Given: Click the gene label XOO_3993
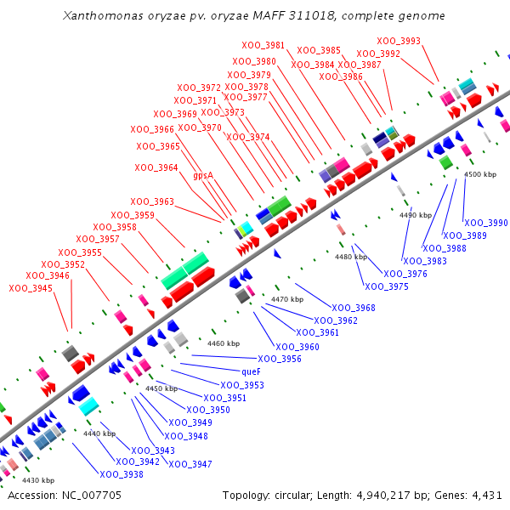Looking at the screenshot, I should click(x=399, y=41).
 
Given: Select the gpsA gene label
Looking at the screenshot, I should click(x=202, y=175).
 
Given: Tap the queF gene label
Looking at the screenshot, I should click(x=252, y=371).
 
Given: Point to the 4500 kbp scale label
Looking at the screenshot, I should click(x=480, y=174).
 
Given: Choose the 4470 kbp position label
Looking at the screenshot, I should click(x=287, y=299).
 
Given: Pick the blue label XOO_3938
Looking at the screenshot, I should click(x=122, y=474).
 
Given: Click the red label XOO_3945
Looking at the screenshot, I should click(x=31, y=288).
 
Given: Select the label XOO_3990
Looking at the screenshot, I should click(x=486, y=223).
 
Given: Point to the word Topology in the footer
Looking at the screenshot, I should click(x=246, y=495).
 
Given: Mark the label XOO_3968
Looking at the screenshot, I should click(x=354, y=308).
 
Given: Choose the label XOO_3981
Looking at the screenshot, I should click(x=263, y=45).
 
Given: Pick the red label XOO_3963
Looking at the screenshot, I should click(x=152, y=201).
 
